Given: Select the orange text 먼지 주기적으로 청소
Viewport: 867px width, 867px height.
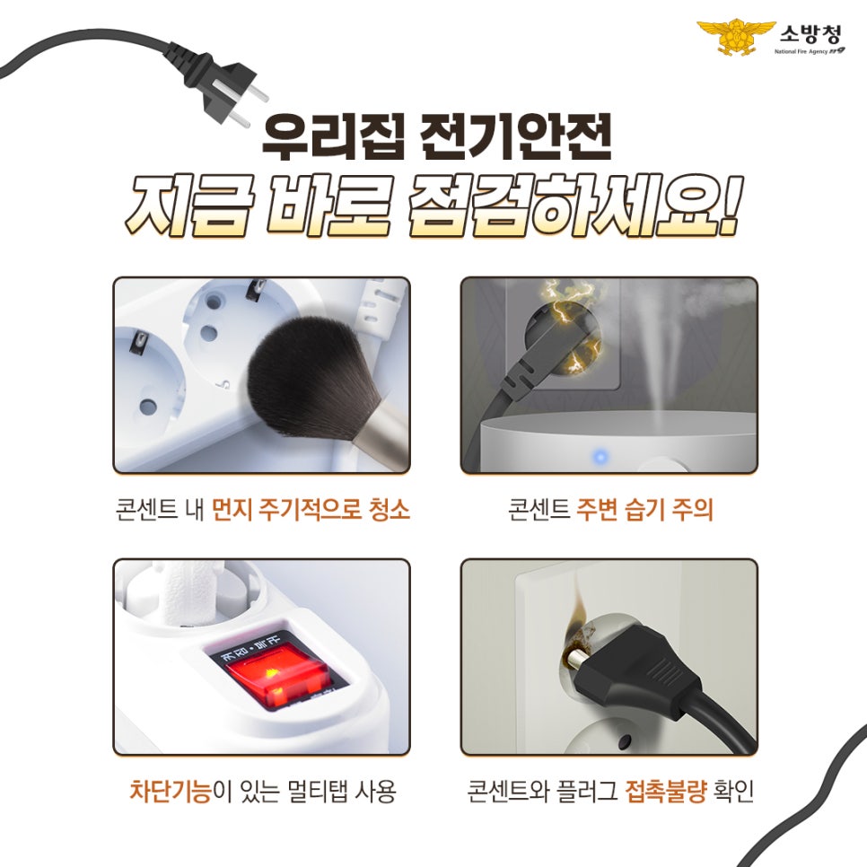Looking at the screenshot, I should click(x=311, y=512).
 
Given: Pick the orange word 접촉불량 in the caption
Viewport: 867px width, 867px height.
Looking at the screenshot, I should click(x=663, y=793).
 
